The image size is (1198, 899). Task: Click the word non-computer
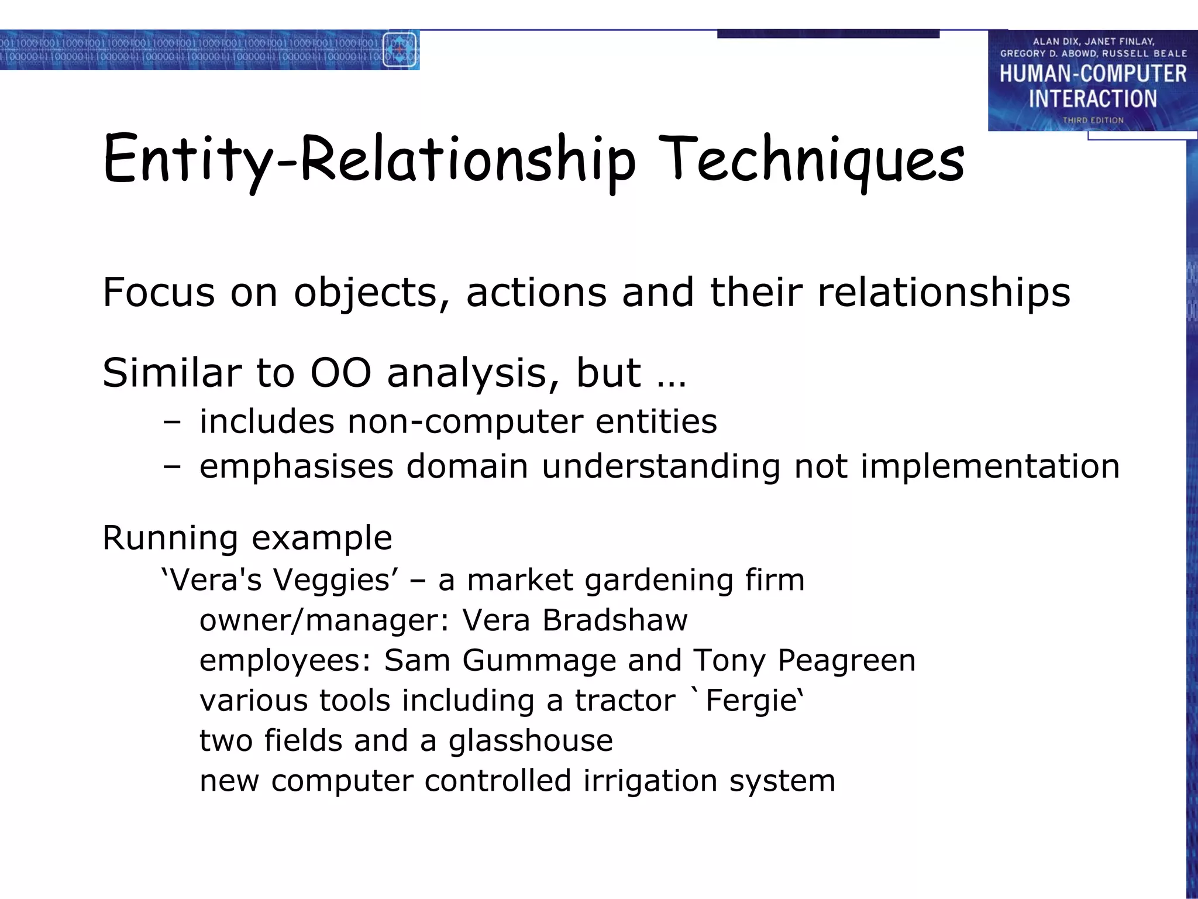point(465,421)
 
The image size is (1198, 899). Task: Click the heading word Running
point(170,537)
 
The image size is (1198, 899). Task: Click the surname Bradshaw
point(615,620)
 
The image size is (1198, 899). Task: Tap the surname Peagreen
point(846,660)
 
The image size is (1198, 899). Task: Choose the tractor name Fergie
point(752,700)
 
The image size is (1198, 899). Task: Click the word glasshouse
point(531,740)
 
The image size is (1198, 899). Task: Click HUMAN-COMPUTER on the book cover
point(1093,74)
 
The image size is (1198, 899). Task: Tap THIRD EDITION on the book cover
point(1093,120)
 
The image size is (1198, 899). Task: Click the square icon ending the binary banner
point(400,50)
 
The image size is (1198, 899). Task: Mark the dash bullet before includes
point(172,422)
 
